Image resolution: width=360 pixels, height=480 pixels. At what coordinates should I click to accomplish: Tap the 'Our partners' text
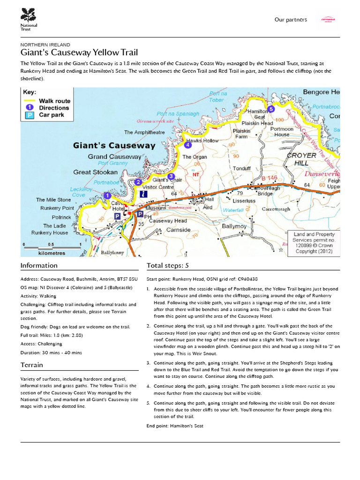(291, 20)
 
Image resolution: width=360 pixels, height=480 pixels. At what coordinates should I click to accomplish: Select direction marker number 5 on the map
(270, 109)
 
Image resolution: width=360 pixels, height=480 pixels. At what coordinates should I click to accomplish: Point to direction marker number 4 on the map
(188, 145)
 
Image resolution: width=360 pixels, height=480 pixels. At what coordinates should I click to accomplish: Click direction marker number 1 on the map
(107, 195)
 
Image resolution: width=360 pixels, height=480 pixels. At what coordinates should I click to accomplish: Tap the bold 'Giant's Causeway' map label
(114, 145)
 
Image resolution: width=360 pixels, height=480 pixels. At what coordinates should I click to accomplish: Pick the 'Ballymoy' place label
(234, 226)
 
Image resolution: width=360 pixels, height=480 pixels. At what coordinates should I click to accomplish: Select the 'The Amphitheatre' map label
(144, 132)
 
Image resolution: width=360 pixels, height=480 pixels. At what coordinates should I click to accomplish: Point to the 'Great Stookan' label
(95, 172)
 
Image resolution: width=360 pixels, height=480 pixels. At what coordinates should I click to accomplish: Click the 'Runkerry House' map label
(49, 232)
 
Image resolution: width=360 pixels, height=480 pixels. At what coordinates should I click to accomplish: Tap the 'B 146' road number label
(270, 178)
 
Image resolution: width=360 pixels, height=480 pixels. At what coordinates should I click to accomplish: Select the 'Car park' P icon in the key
(29, 115)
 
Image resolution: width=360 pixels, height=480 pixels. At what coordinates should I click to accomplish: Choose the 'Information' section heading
(39, 265)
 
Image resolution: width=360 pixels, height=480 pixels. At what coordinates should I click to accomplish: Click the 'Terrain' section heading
(31, 365)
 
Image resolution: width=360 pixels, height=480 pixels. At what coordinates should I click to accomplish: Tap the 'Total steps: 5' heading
(168, 265)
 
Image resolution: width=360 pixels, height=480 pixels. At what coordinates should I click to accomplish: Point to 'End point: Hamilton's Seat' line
(175, 426)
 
